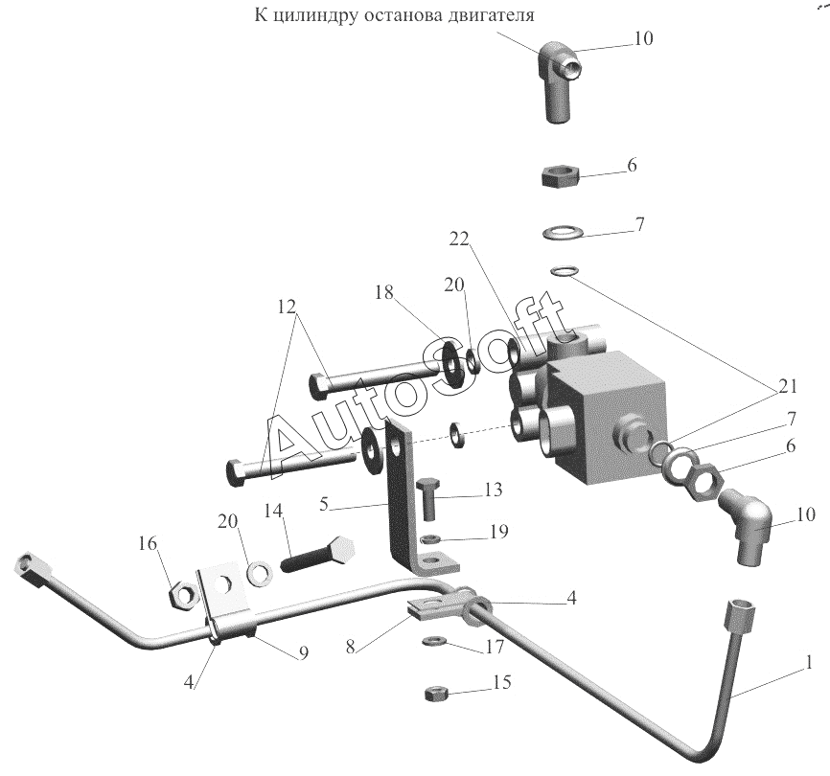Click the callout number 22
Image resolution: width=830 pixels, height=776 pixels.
pyautogui.click(x=459, y=240)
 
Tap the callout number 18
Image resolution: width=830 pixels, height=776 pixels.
pyautogui.click(x=385, y=292)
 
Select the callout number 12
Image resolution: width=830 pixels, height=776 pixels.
pyautogui.click(x=287, y=307)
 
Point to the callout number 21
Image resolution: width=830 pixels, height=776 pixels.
pyautogui.click(x=787, y=387)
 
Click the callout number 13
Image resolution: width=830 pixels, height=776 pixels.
pyautogui.click(x=493, y=490)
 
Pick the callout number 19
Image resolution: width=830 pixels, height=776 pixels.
pyautogui.click(x=498, y=531)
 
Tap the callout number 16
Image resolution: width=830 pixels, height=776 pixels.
pyautogui.click(x=149, y=543)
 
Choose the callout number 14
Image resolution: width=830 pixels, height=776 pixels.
pyautogui.click(x=274, y=511)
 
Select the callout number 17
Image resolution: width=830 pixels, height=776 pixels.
pyautogui.click(x=495, y=647)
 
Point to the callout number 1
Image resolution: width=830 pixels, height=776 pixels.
pyautogui.click(x=808, y=663)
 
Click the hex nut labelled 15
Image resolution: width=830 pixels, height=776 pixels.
pyautogui.click(x=438, y=694)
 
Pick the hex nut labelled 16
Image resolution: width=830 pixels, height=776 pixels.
pyautogui.click(x=183, y=596)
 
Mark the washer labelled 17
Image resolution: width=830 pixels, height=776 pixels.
pyautogui.click(x=433, y=642)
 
